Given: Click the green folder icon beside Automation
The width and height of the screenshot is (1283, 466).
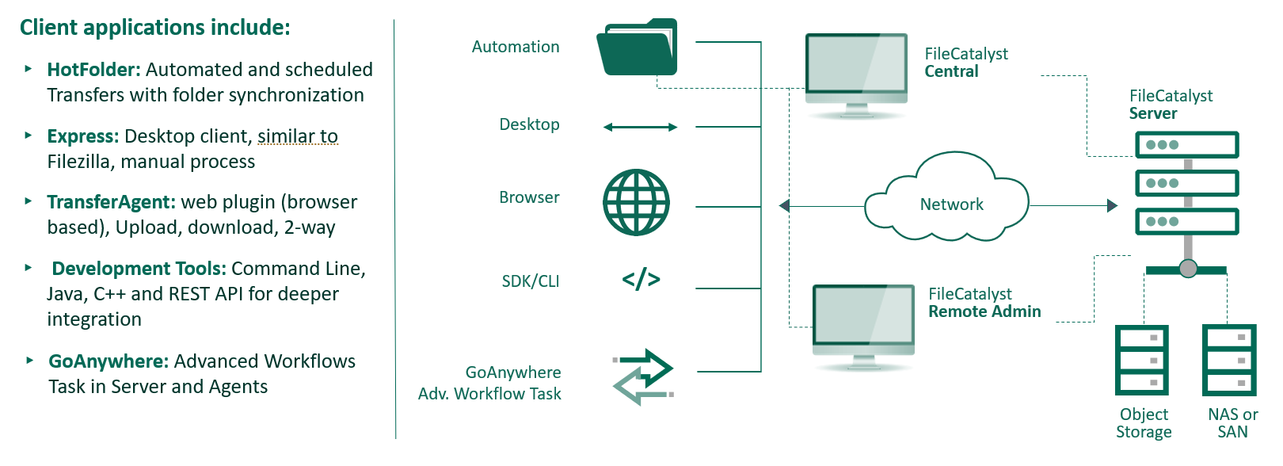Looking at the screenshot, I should (637, 48).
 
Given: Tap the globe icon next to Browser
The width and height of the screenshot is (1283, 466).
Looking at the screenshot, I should (637, 202).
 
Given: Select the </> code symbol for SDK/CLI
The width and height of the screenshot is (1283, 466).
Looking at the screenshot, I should (641, 279).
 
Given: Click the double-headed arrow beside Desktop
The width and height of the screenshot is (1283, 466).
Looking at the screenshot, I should (640, 127).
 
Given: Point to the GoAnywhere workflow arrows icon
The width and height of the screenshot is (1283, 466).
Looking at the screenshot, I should (643, 377).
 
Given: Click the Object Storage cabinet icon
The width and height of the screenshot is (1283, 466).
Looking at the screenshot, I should (1142, 360).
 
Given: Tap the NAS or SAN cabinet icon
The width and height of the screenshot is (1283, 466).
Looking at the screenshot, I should (1229, 360).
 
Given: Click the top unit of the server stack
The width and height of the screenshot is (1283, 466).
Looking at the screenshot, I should (1186, 145).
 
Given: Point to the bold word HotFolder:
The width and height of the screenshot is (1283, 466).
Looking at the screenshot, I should (93, 70).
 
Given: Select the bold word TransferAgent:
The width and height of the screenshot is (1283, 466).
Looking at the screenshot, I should (111, 202).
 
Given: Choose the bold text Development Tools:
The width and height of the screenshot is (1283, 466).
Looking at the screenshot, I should (139, 269).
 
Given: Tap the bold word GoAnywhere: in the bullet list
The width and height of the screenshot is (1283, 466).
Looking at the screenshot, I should (109, 361).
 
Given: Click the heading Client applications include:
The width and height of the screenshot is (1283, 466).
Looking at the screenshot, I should (155, 28).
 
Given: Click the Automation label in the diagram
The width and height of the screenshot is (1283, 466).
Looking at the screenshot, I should (516, 47).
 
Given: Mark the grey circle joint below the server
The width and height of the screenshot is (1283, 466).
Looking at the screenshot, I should (1188, 269).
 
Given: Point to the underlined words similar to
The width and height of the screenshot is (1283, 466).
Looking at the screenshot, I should (298, 136).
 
